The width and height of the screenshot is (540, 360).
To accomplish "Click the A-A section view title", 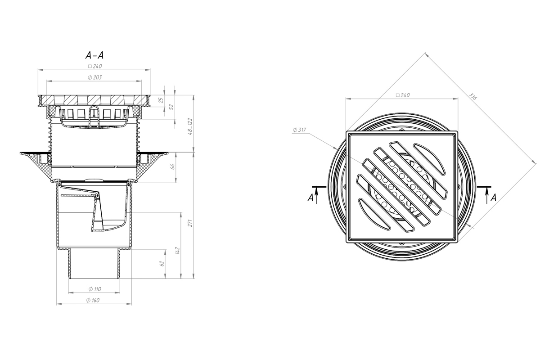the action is [95, 55].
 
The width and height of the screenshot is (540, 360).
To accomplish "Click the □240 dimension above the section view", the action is [95, 66].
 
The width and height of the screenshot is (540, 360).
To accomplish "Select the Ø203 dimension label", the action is [95, 77].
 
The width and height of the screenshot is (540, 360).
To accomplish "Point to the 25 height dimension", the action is [161, 100].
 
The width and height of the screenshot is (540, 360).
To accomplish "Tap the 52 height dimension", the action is [171, 107].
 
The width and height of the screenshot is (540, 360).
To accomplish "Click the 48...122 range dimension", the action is [190, 126].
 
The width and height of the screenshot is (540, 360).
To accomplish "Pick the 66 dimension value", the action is [173, 166].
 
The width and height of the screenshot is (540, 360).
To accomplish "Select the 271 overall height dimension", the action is [190, 223].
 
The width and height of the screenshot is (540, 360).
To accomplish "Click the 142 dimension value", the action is [178, 250].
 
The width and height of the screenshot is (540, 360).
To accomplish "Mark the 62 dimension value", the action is [162, 264].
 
